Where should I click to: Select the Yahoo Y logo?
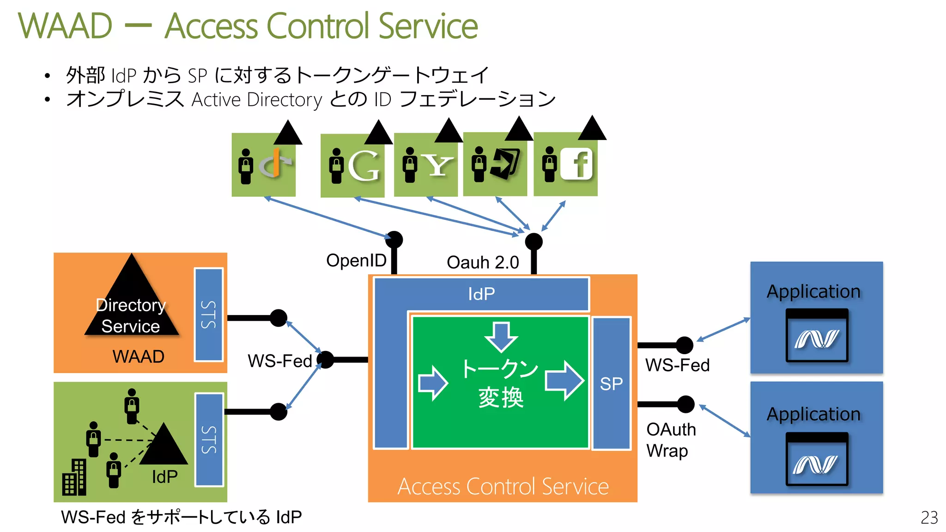(437, 165)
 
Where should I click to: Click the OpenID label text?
(356, 260)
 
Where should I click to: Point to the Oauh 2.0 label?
(483, 262)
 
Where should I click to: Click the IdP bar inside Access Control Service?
(481, 294)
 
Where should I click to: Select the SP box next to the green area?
(611, 383)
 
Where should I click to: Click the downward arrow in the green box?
(501, 336)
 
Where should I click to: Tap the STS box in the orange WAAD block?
(208, 314)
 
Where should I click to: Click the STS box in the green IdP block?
(209, 439)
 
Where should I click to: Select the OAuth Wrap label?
(670, 440)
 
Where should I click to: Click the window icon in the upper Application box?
(817, 336)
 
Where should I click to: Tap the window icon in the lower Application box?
(817, 459)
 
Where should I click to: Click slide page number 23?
(929, 517)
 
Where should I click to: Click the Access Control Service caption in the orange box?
(503, 486)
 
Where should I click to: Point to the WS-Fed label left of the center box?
(280, 361)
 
